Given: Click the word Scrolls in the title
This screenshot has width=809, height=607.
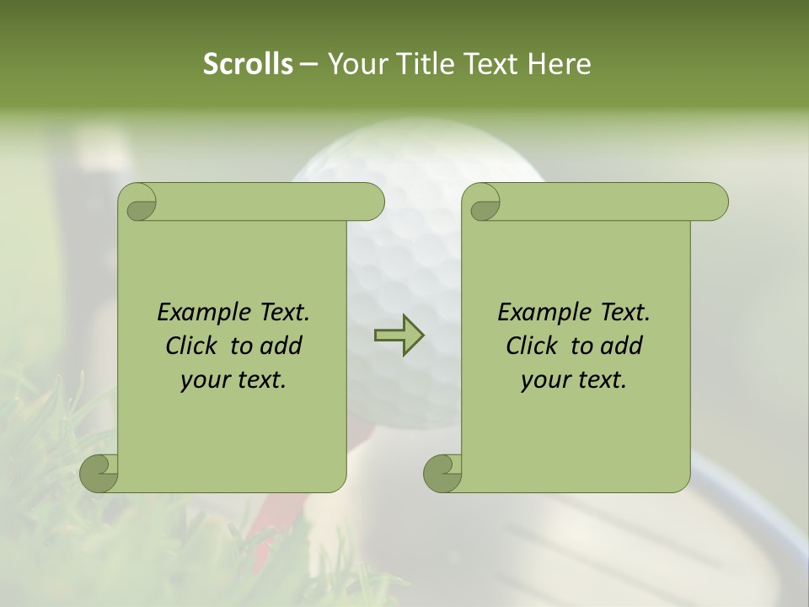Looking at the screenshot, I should click(248, 64).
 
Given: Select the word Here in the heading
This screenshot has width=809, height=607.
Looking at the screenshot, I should click(559, 64).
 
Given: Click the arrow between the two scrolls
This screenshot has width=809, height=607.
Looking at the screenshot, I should click(399, 336).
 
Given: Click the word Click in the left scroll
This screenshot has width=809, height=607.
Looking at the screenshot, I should click(190, 346).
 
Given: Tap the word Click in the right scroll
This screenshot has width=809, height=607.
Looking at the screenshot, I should click(531, 346).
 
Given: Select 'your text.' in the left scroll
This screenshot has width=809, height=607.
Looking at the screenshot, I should click(233, 380).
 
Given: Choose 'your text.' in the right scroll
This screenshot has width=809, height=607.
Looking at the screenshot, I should click(574, 380).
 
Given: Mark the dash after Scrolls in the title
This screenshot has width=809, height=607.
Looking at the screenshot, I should click(308, 64).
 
